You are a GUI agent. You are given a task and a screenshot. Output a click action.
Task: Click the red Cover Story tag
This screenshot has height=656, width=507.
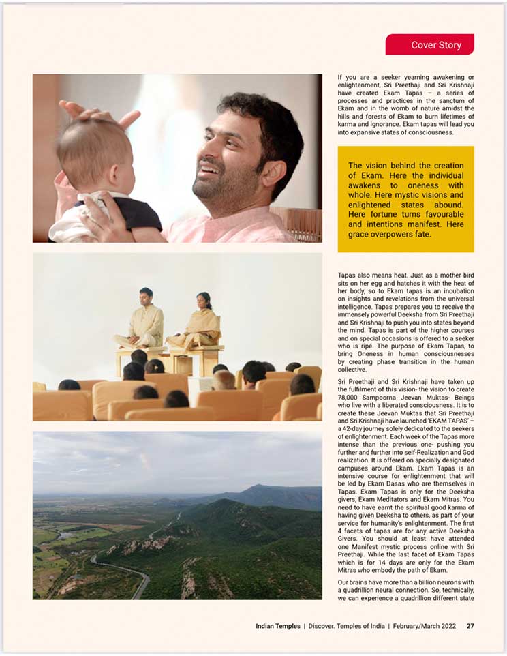click(429, 45)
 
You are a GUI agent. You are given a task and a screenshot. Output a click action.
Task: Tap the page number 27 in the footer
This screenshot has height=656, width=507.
click(470, 626)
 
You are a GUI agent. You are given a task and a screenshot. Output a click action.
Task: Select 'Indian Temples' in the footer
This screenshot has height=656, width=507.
click(277, 626)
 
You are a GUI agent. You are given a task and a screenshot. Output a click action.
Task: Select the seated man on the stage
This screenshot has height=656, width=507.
click(145, 318)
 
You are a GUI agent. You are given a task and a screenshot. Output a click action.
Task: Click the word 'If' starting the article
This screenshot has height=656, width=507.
click(340, 77)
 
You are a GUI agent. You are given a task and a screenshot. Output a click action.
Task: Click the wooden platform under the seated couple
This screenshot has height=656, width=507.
click(170, 358)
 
